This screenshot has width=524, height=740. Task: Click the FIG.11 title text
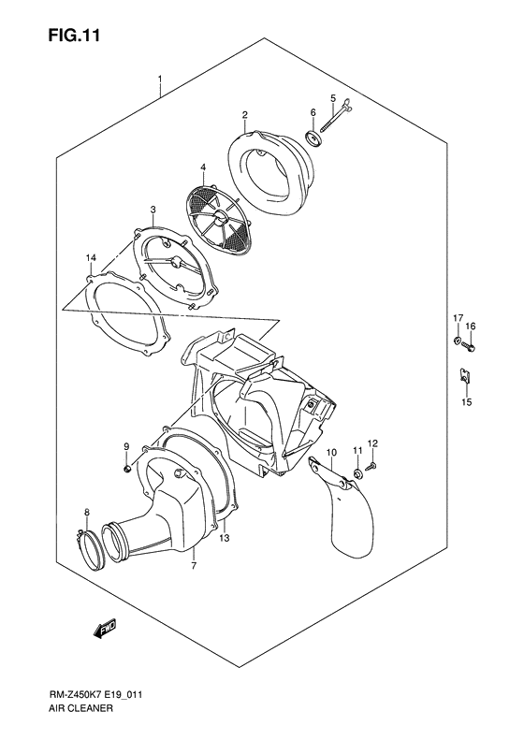tap(74, 36)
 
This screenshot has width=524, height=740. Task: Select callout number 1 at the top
tap(160, 79)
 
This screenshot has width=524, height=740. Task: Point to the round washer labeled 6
tap(313, 138)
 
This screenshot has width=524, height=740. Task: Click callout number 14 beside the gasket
tap(91, 257)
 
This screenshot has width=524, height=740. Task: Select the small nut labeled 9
tap(126, 468)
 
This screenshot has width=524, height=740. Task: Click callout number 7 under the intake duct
tap(194, 565)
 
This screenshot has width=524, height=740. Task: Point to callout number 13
tap(225, 538)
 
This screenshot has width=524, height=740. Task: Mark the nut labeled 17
tap(458, 340)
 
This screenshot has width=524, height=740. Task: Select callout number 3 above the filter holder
tap(153, 209)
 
